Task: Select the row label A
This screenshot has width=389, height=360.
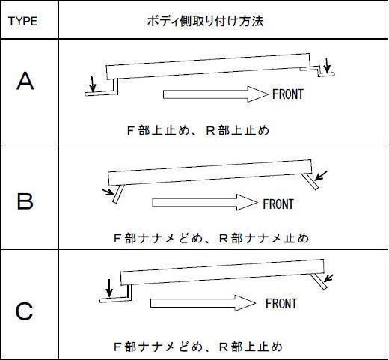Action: click(x=25, y=82)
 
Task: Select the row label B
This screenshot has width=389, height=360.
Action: click(x=25, y=201)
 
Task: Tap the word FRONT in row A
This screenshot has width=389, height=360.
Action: click(x=288, y=95)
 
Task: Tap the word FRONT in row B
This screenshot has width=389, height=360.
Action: click(x=278, y=204)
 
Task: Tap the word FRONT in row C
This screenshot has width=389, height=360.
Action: click(x=281, y=304)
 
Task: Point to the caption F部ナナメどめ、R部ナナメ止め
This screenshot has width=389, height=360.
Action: click(x=210, y=239)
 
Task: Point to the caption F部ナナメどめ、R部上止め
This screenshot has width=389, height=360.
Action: click(x=197, y=347)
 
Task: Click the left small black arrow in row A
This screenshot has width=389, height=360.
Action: click(x=92, y=82)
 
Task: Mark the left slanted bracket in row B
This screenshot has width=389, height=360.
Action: click(x=115, y=196)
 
